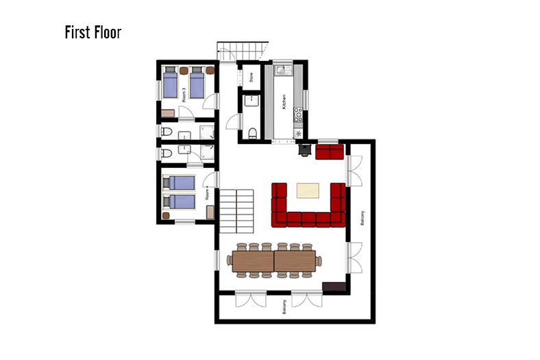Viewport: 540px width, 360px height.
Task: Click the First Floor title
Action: [93, 32]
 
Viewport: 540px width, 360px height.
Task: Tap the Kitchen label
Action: [284, 102]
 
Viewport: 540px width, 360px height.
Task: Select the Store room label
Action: [251, 77]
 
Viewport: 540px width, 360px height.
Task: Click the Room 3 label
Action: [184, 95]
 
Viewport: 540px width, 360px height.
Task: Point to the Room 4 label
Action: [207, 193]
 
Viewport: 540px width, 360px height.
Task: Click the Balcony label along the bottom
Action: [284, 307]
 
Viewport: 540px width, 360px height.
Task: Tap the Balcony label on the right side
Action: [362, 218]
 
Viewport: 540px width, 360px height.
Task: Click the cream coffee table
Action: [308, 191]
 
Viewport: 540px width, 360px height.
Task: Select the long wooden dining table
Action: [274, 261]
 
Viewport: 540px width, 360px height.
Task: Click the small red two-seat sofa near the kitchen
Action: [330, 152]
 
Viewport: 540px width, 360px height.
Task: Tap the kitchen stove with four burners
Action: [298, 115]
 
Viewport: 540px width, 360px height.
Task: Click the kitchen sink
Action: [283, 70]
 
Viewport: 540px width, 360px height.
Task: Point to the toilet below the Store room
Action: [252, 133]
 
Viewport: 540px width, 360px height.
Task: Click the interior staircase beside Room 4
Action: [236, 211]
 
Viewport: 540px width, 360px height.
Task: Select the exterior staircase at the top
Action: [243, 51]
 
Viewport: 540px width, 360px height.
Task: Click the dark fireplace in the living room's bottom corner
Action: [334, 287]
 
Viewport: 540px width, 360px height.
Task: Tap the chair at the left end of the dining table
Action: [230, 260]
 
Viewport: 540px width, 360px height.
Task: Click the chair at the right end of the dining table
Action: [319, 261]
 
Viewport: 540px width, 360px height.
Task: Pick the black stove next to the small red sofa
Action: [305, 150]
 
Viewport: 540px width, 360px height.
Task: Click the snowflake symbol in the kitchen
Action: [298, 134]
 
